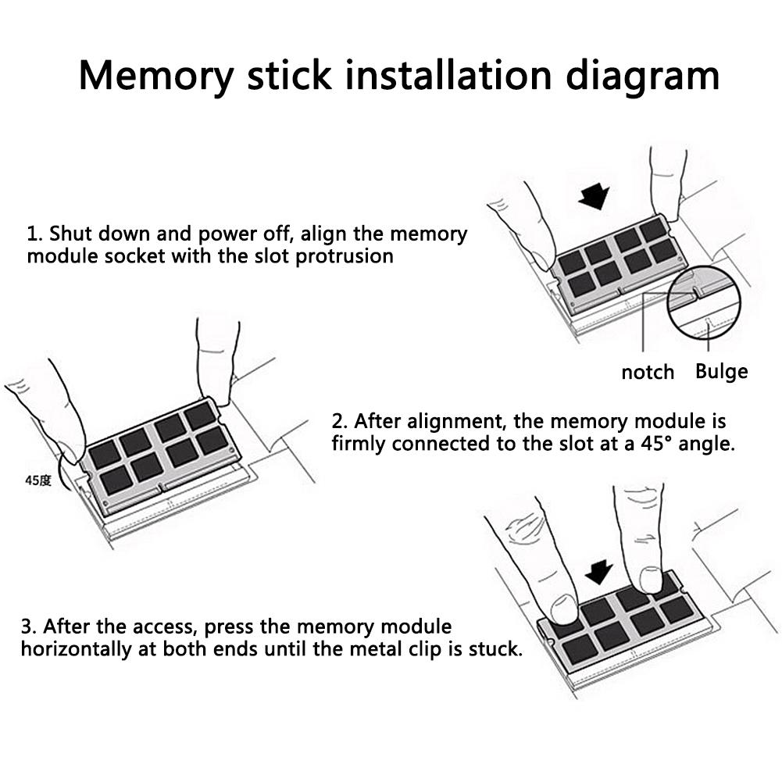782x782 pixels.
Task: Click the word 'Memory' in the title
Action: [x=156, y=76]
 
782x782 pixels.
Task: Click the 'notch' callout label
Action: [x=648, y=372]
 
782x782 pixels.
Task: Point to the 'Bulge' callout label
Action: [x=721, y=372]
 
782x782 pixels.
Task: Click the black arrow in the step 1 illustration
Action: [x=594, y=195]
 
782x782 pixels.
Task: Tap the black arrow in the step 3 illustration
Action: [x=599, y=572]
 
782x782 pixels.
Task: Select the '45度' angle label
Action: [x=38, y=480]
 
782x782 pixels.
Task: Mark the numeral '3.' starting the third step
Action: [x=29, y=627]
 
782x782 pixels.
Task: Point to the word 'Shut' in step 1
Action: [x=68, y=234]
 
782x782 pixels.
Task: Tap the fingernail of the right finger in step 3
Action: [x=650, y=579]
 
